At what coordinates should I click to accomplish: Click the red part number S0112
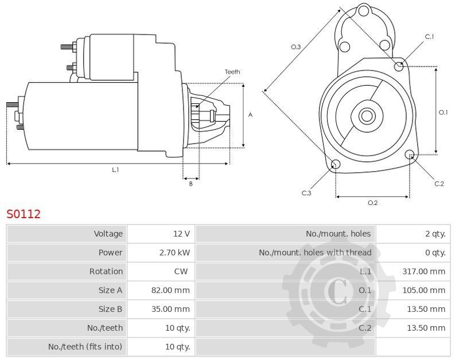click(24, 214)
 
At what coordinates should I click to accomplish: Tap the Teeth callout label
click(232, 72)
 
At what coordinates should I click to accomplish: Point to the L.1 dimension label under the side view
click(116, 169)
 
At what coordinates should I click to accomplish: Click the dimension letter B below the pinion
click(191, 184)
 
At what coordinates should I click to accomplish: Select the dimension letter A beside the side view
click(250, 115)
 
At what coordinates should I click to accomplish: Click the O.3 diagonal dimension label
click(295, 47)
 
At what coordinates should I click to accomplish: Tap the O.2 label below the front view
click(372, 203)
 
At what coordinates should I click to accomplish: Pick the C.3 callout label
click(306, 193)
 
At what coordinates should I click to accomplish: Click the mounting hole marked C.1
click(399, 67)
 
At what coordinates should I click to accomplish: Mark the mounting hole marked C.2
click(410, 154)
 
